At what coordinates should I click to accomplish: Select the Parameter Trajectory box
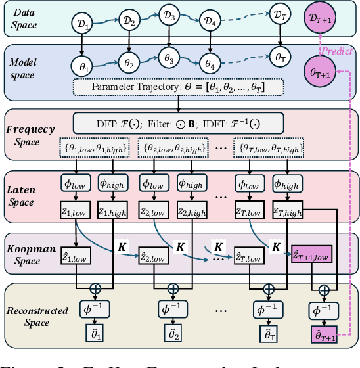coord(179,86)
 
